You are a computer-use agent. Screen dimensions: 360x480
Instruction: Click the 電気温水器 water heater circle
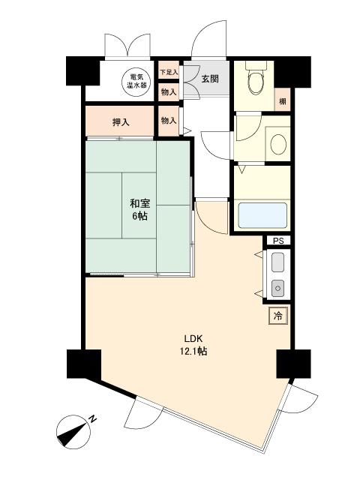[136, 81]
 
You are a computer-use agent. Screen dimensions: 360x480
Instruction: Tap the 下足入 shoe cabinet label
[169, 72]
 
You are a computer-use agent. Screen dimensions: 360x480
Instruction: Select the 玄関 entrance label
[210, 79]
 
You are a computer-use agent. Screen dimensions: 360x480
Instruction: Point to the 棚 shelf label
[283, 100]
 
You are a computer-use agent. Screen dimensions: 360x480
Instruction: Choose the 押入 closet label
[121, 121]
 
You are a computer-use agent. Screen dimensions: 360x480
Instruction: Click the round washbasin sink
[278, 144]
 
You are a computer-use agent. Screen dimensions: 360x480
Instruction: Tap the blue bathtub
[262, 215]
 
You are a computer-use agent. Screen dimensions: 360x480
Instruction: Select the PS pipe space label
[278, 241]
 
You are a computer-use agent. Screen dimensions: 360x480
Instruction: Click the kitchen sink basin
[278, 262]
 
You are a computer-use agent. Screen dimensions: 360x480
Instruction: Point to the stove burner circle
[278, 288]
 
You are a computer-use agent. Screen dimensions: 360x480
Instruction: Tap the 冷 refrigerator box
[278, 316]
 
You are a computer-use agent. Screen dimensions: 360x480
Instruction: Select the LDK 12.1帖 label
[193, 345]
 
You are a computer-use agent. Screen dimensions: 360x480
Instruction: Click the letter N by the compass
[92, 418]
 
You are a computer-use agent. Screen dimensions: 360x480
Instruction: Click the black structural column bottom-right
[293, 364]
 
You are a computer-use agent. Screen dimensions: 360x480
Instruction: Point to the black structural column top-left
[83, 71]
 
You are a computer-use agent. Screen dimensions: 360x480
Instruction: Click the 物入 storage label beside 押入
[169, 121]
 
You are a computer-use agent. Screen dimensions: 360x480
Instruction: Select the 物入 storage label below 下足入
[169, 91]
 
